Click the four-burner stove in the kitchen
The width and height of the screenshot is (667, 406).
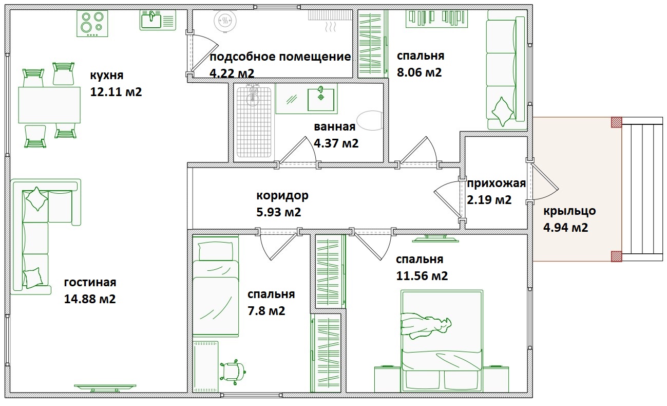pyautogui.click(x=92, y=24)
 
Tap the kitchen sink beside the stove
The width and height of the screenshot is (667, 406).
pyautogui.click(x=158, y=20)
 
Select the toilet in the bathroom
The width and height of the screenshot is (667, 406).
pyautogui.click(x=370, y=121)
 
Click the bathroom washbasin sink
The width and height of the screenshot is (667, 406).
pyautogui.click(x=321, y=99)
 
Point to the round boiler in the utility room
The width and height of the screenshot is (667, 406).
pyautogui.click(x=225, y=21)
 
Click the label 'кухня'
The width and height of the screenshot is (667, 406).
pyautogui.click(x=107, y=75)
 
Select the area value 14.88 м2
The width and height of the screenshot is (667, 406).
pyautogui.click(x=90, y=299)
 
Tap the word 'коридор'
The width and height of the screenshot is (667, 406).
pyautogui.click(x=282, y=195)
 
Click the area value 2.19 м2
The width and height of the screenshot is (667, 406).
pyautogui.click(x=489, y=200)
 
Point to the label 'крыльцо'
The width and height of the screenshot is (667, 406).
pyautogui.click(x=569, y=211)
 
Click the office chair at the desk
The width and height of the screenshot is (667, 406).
pyautogui.click(x=233, y=372)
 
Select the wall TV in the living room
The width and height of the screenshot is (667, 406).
pyautogui.click(x=105, y=387)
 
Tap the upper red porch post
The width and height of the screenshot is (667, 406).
pyautogui.click(x=616, y=122)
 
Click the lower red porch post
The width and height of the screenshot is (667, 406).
pyautogui.click(x=616, y=256)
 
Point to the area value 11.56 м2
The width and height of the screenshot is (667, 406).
pyautogui.click(x=422, y=276)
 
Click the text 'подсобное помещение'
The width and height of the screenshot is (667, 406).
pyautogui.click(x=280, y=57)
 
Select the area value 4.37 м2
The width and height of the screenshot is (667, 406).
pyautogui.click(x=336, y=143)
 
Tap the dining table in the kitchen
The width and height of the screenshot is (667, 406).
pyautogui.click(x=49, y=105)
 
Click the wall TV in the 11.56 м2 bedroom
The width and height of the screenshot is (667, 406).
pyautogui.click(x=435, y=238)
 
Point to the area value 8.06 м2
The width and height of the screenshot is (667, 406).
pyautogui.click(x=420, y=72)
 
